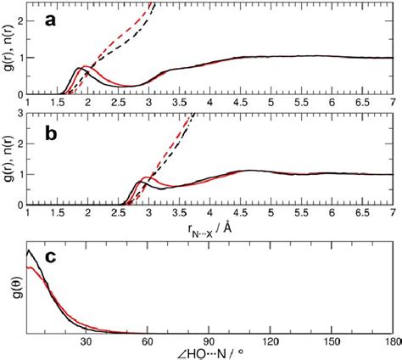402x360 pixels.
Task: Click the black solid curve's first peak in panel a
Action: click(79, 67)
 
